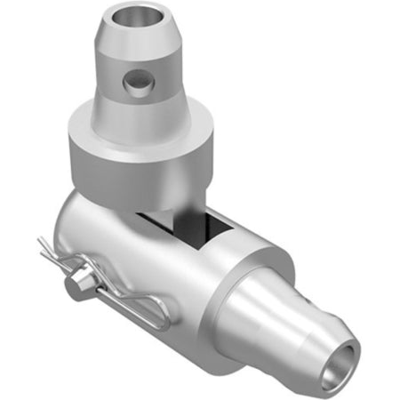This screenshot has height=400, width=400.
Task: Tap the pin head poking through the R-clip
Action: coord(76,278)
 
